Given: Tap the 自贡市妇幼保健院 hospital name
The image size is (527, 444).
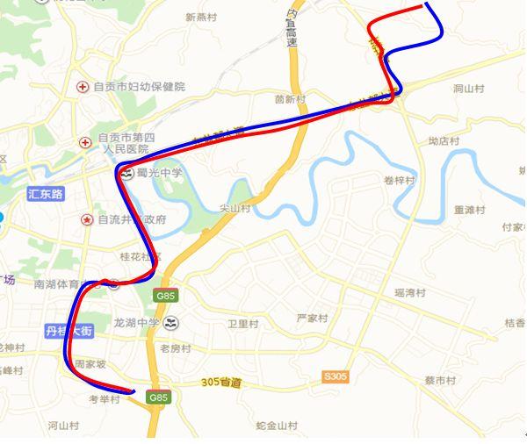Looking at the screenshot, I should coord(141,87).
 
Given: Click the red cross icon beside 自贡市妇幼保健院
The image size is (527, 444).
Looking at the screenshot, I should coord(83,87).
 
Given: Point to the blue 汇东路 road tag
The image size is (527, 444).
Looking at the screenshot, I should coord(46,193).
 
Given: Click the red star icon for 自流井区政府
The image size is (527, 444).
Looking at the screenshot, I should coord(87,218).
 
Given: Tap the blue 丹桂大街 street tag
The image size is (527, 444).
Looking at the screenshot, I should coord(69,330).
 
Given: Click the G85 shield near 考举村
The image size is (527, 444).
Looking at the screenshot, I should coord(158,397).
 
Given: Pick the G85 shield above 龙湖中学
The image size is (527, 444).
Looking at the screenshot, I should coord(165,296).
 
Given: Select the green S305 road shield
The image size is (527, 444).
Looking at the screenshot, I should coord(335,376).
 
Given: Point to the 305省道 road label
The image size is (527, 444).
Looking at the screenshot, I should coord(220,383).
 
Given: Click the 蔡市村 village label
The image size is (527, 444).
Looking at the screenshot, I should coord(440,380).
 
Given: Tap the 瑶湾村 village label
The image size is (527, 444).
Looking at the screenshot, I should coord(410,292).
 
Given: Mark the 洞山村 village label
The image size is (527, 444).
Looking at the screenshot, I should coord(469,89).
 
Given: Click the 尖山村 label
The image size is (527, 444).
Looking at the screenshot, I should coord(235,209).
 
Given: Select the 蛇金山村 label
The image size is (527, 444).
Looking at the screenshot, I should coord(276,426).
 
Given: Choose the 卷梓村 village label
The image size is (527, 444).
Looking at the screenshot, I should coord(399,180).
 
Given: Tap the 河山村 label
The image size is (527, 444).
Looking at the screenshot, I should coord(63,426).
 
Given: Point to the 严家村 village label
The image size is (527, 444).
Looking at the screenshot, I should coord(312,317).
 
